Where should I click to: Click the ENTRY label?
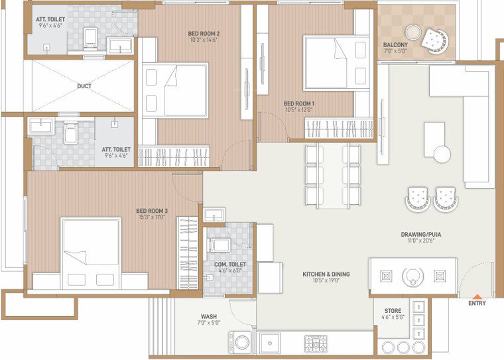coord(476,304)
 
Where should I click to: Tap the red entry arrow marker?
coord(476,296)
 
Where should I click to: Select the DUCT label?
coord(84,86)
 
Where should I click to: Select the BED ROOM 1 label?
coord(299,103)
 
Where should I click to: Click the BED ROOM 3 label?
coord(152,211)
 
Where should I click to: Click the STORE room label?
coord(393,311)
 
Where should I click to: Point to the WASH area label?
coord(210,316)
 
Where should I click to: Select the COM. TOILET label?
coord(230,265)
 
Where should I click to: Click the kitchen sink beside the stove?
coord(272,343)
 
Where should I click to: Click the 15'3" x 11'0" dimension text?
coord(152,217)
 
